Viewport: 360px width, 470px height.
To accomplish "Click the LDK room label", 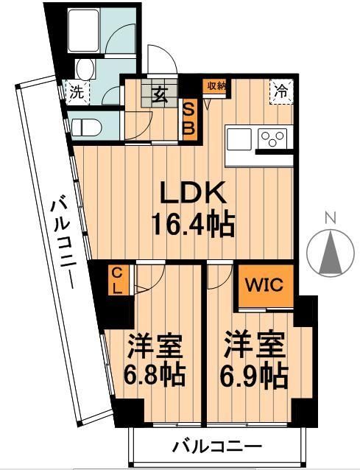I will [x=194, y=194].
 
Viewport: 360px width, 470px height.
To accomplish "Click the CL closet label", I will [x=116, y=280].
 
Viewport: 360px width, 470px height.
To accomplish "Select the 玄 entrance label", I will [x=160, y=94].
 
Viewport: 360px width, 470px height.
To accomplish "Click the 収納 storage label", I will [x=214, y=86].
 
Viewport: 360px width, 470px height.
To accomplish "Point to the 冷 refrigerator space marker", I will [x=281, y=92].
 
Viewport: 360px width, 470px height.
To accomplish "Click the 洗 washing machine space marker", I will [x=76, y=94].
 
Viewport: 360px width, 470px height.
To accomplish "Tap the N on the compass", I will [x=331, y=217].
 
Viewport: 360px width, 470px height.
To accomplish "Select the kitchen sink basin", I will [x=240, y=138].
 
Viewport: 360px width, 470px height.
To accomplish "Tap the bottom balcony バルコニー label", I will [x=217, y=446].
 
